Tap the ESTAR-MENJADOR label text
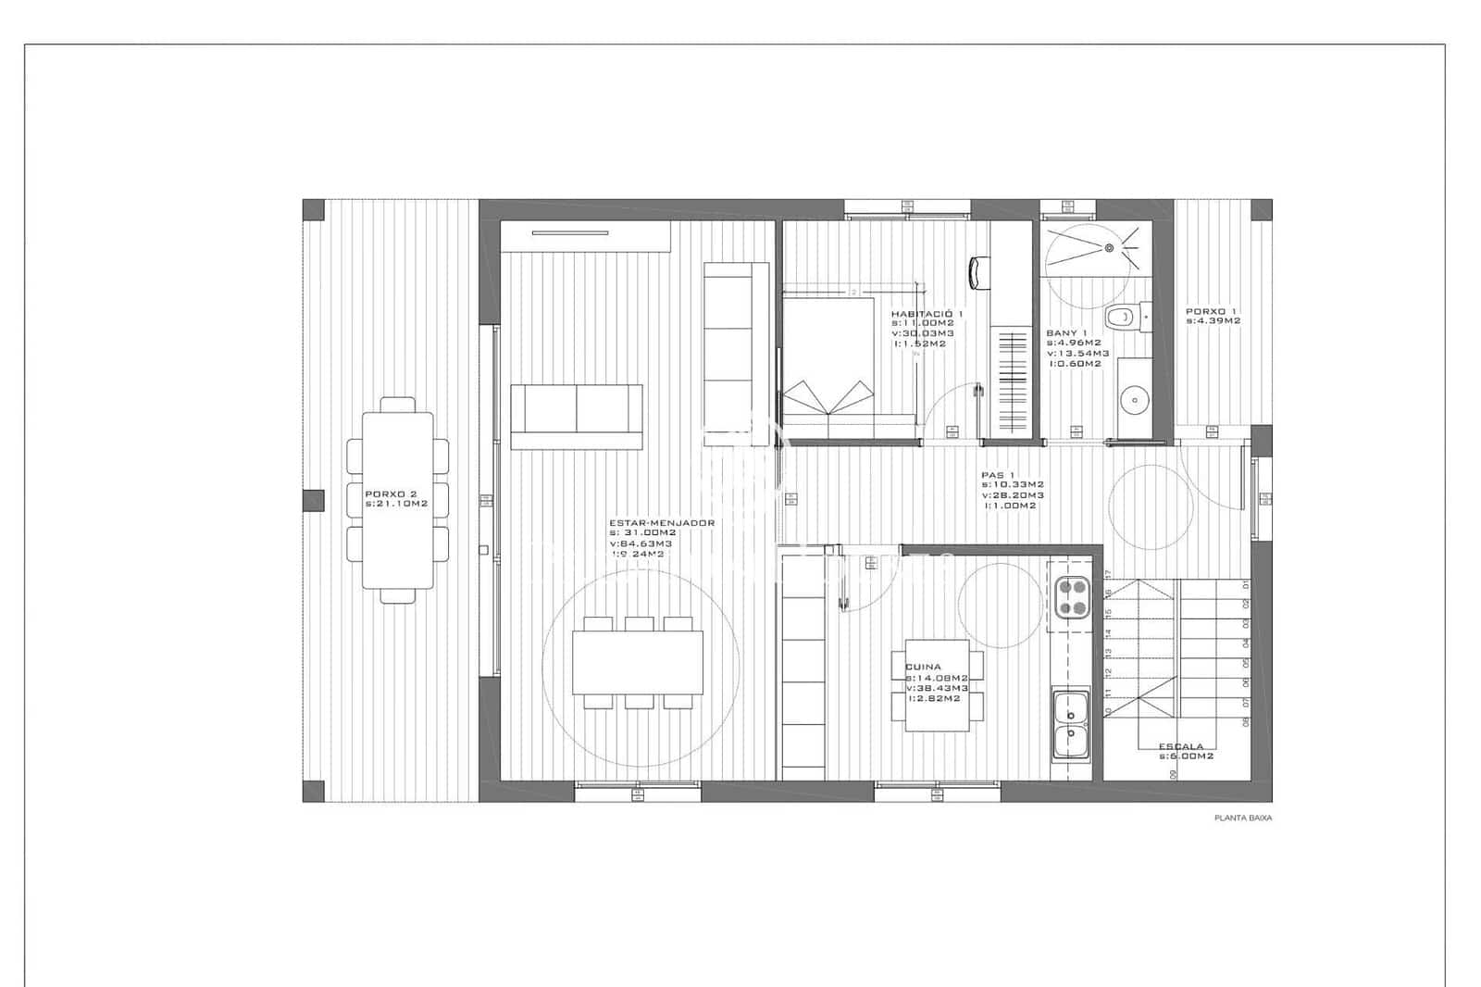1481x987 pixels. [661, 523]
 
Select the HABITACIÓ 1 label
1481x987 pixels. [927, 314]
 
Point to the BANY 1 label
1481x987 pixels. [1066, 332]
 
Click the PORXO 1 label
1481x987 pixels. [1211, 311]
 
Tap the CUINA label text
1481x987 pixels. [923, 667]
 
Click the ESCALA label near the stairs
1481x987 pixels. [1181, 746]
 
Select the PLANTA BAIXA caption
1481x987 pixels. [1243, 818]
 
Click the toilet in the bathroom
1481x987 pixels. [1124, 317]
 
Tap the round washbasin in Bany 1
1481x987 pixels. [1132, 401]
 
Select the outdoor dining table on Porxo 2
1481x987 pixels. [397, 500]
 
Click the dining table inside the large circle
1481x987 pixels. [637, 662]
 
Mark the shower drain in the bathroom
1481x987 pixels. [1108, 248]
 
